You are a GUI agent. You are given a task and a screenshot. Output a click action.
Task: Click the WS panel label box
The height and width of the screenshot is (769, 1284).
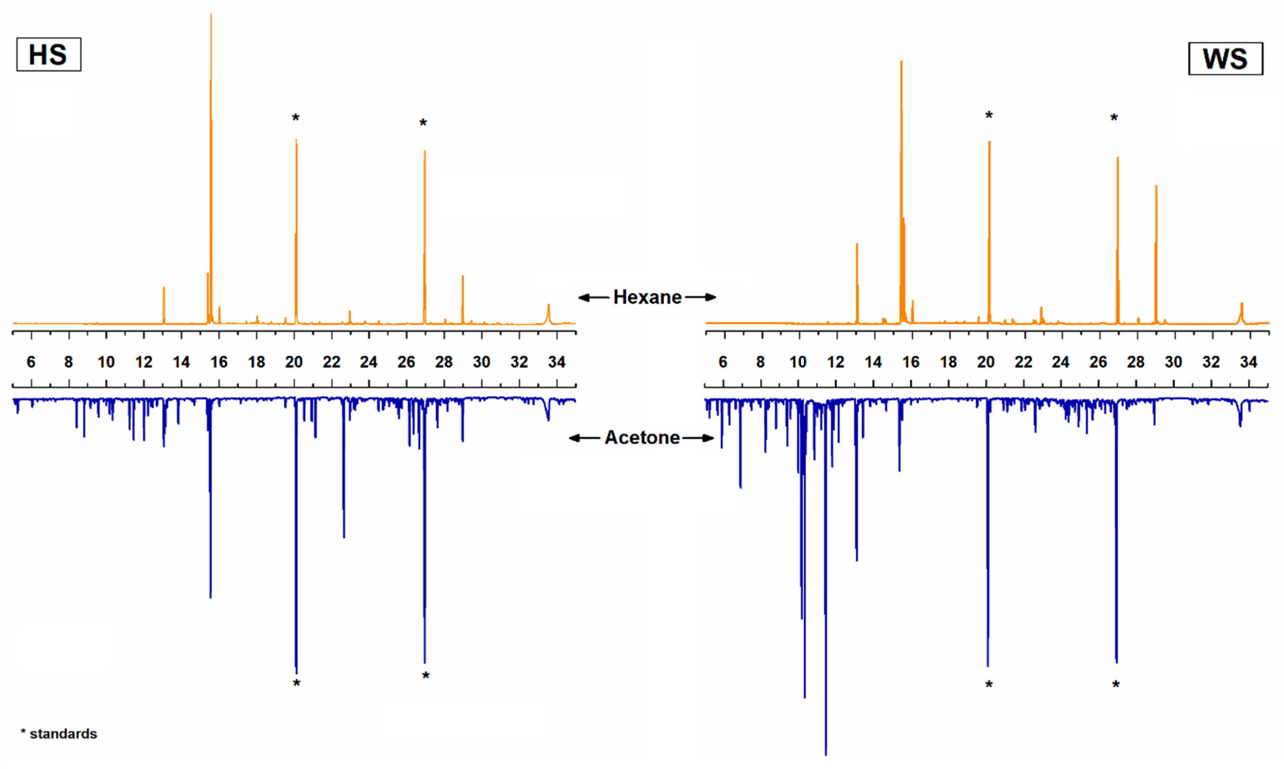[1225, 59]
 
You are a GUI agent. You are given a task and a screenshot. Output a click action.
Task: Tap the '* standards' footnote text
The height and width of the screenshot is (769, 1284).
[59, 734]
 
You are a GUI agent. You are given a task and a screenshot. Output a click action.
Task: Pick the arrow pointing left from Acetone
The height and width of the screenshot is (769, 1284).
[584, 438]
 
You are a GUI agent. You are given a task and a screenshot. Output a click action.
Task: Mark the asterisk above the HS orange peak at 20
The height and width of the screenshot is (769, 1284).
[296, 118]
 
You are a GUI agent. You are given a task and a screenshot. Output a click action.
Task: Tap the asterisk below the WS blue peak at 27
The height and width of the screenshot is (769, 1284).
[1116, 685]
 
